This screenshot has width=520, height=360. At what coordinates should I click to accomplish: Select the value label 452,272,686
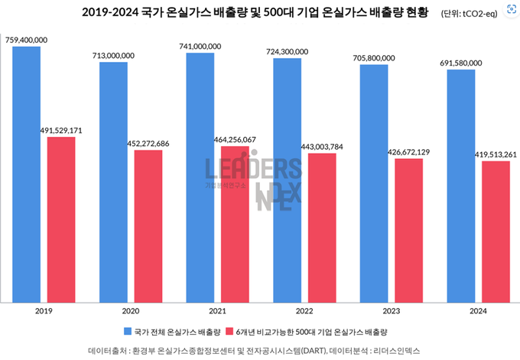(148, 143)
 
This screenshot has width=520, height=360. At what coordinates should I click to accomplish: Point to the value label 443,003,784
(321, 146)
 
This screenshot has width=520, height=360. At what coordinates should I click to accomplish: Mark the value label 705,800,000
(374, 57)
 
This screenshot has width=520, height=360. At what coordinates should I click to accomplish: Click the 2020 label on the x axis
(131, 312)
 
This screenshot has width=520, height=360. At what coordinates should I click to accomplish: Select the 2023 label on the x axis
(391, 312)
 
